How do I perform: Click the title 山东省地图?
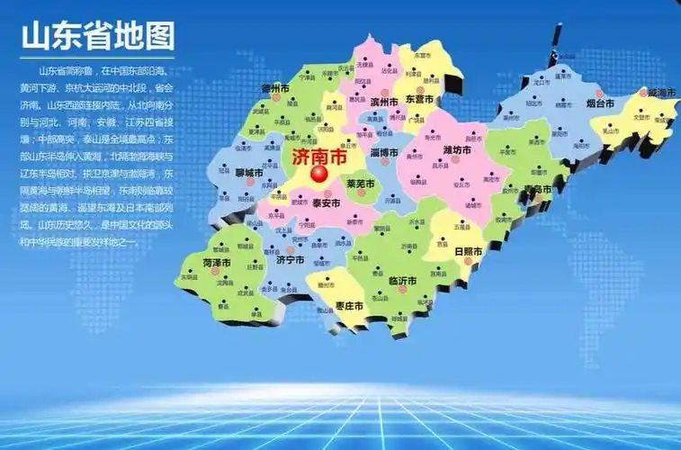(x=97, y=37)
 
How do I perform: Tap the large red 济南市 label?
(x=318, y=157)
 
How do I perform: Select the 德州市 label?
(x=273, y=89)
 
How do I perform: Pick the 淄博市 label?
(x=383, y=152)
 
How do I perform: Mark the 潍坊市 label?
(x=457, y=149)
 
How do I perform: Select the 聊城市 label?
(x=249, y=172)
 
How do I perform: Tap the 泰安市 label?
(x=326, y=202)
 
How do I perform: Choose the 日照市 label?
(x=468, y=251)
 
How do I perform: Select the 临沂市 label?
(x=401, y=281)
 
